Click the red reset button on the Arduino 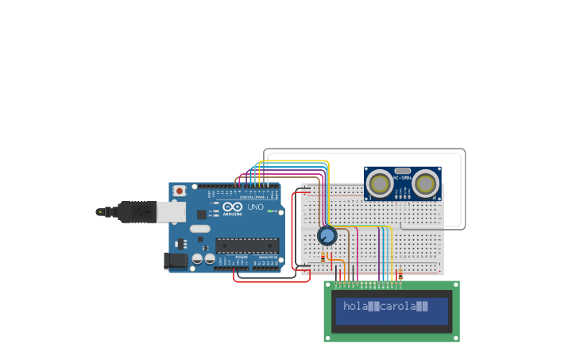[x=180, y=191]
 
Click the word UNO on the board [x=255, y=207]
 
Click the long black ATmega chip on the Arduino [x=247, y=246]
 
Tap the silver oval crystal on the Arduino [x=200, y=229]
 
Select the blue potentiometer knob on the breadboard [x=327, y=235]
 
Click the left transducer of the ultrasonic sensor [x=379, y=184]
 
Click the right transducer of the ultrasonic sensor [x=425, y=184]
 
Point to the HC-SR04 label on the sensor [x=402, y=179]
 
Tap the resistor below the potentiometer [x=323, y=256]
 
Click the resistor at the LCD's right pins [x=400, y=275]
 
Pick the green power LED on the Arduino [x=271, y=211]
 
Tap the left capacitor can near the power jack [x=196, y=258]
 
